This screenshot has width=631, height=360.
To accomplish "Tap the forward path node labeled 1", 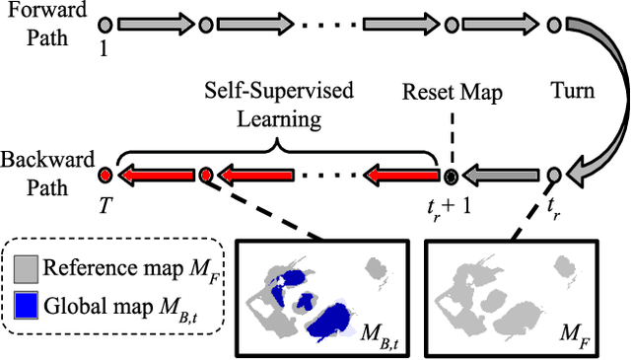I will (105, 23).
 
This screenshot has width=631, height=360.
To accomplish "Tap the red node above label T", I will (105, 176).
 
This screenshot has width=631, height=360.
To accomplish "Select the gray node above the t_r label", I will (555, 176).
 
